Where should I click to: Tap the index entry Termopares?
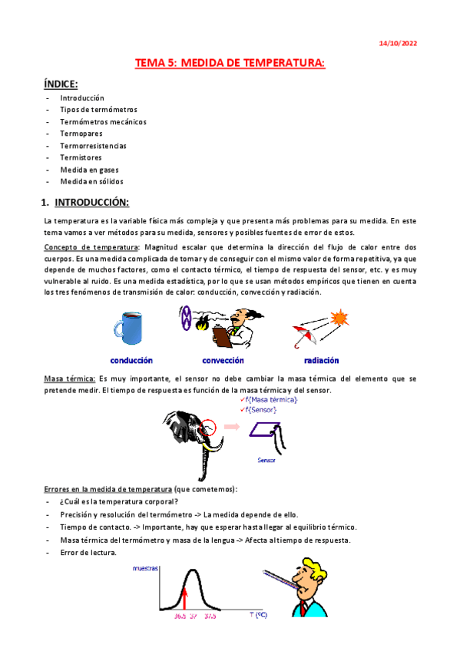(x=81, y=134)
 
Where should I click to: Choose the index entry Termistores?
(x=81, y=157)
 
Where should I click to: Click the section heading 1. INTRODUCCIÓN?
(x=84, y=202)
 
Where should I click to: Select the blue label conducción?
(x=131, y=360)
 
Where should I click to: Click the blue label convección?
(x=223, y=360)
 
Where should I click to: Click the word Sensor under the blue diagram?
(x=266, y=461)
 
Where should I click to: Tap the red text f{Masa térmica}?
(x=270, y=400)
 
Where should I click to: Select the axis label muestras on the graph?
(x=146, y=570)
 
